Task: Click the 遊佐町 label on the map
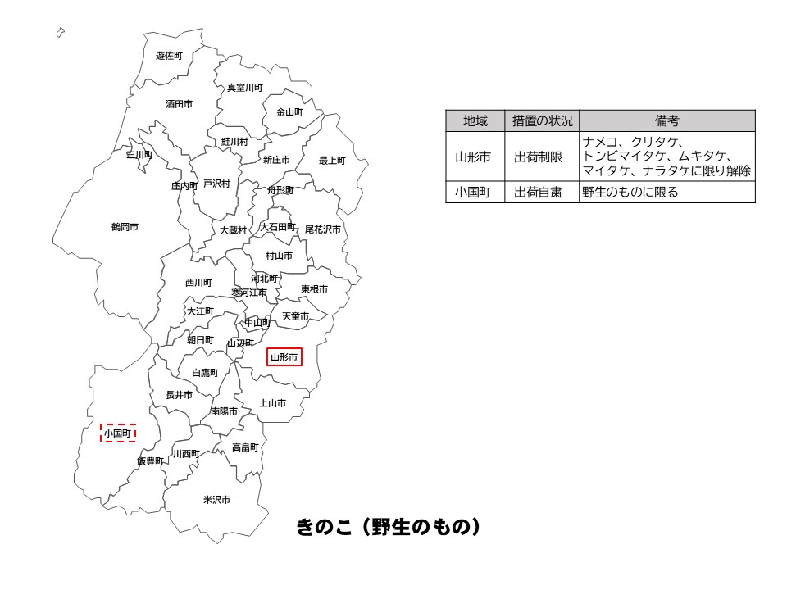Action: pyautogui.click(x=169, y=56)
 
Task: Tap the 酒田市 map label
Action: pyautogui.click(x=179, y=104)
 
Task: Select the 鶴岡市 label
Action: pyautogui.click(x=125, y=226)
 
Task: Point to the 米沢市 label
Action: pyautogui.click(x=216, y=499)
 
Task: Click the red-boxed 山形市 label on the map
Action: pyautogui.click(x=284, y=357)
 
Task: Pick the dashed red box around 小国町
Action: pyautogui.click(x=117, y=433)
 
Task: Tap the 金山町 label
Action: pyautogui.click(x=289, y=111)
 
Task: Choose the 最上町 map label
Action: pyautogui.click(x=332, y=161)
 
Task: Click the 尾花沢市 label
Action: pyautogui.click(x=322, y=229)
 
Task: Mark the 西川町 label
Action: pyautogui.click(x=198, y=283)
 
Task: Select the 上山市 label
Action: pyautogui.click(x=272, y=403)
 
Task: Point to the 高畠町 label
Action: pyautogui.click(x=244, y=447)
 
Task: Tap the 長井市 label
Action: pyautogui.click(x=179, y=395)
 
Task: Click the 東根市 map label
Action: pyautogui.click(x=314, y=289)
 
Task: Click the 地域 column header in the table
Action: pyautogui.click(x=475, y=120)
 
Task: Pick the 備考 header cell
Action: pyautogui.click(x=666, y=120)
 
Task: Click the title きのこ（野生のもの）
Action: pyautogui.click(x=387, y=527)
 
